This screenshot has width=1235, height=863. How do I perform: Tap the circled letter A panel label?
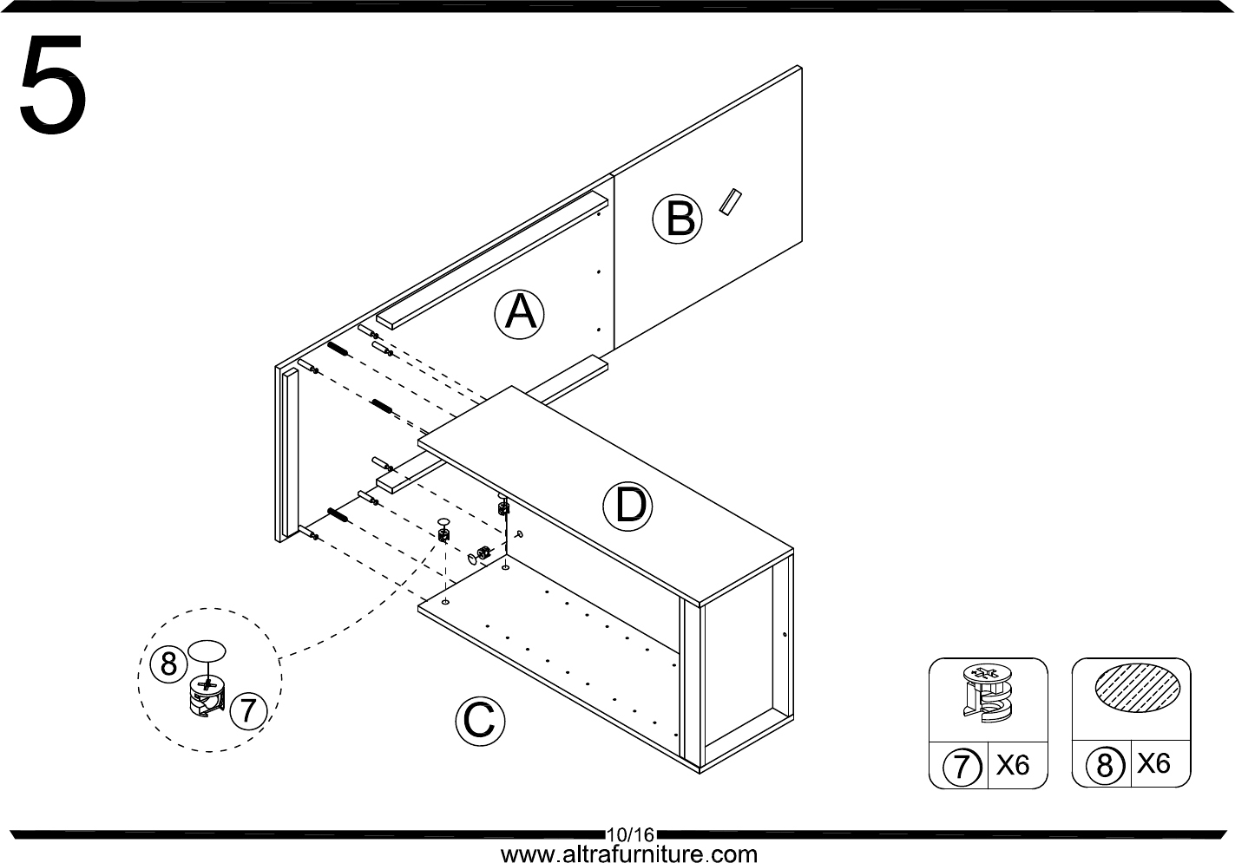tap(520, 312)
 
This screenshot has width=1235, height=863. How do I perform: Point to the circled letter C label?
tap(480, 719)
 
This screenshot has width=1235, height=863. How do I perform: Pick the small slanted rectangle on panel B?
tap(728, 201)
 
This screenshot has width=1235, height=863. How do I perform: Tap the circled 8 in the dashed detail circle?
tap(168, 664)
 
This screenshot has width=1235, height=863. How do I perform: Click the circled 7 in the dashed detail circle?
tap(248, 710)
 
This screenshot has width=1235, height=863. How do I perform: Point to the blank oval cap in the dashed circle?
tap(207, 652)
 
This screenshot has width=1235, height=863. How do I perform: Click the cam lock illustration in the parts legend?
tap(986, 694)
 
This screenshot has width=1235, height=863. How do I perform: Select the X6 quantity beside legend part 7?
tap(1012, 765)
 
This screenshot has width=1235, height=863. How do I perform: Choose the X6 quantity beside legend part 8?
tap(1154, 763)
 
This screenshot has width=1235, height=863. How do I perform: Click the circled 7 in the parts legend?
tap(961, 767)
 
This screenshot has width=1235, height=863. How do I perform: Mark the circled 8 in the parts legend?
tap(1104, 766)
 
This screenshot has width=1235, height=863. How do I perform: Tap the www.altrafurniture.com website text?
tap(629, 854)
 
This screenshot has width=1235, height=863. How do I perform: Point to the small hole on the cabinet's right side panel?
tap(785, 635)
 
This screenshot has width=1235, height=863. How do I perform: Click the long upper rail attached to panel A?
tap(490, 260)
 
